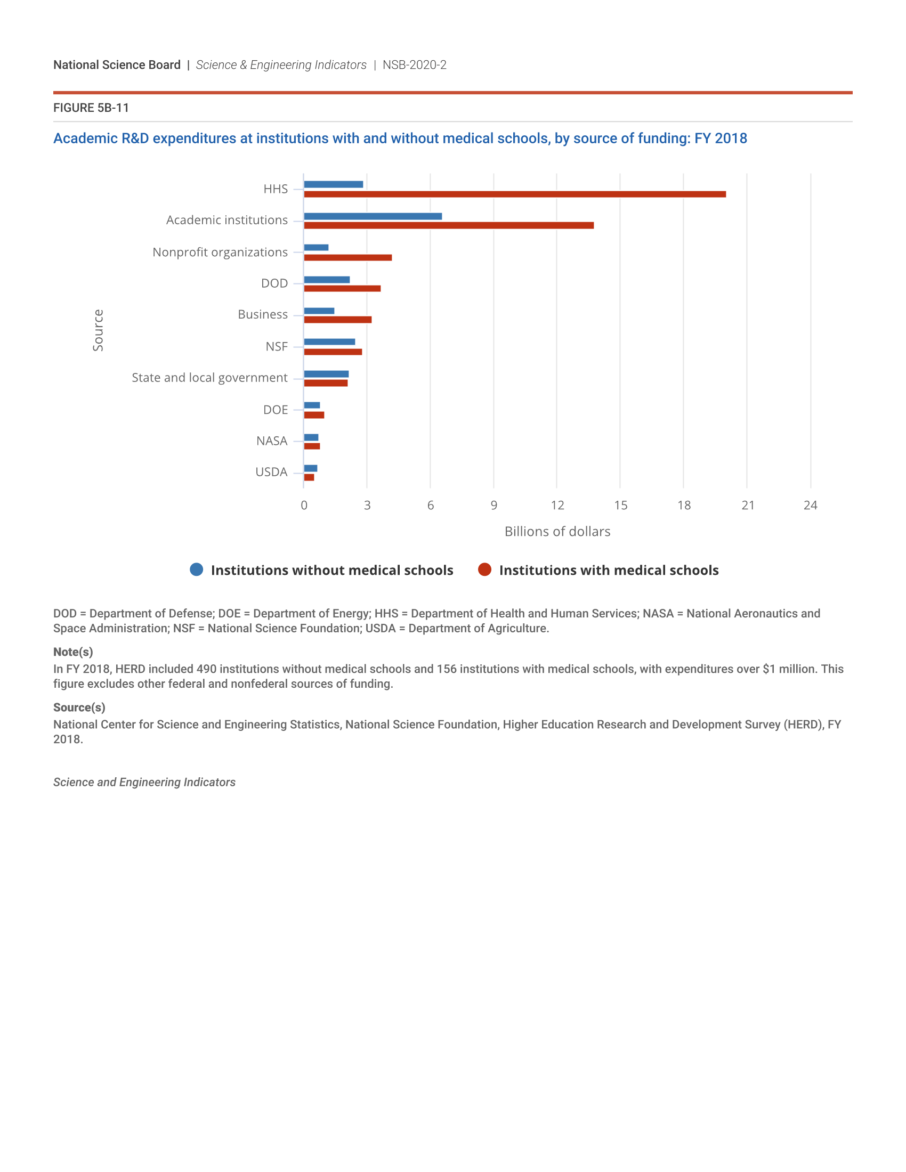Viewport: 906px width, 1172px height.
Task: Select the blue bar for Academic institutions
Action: tap(373, 216)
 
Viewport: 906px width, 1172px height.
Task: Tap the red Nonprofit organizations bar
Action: tap(348, 258)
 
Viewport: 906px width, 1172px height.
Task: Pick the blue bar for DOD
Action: tap(326, 280)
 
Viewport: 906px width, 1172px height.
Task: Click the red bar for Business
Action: tap(337, 320)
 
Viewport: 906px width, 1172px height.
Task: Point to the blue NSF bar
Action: tap(329, 342)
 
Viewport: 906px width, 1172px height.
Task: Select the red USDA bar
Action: tap(309, 477)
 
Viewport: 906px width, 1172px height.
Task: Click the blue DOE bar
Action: tap(312, 405)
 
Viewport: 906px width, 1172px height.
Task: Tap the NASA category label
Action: tap(272, 441)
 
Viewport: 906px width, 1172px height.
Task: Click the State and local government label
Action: tap(209, 378)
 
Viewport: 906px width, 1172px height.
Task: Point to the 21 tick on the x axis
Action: tap(748, 505)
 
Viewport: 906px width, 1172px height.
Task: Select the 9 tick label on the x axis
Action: tap(494, 505)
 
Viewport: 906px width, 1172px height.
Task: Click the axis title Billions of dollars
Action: tap(557, 531)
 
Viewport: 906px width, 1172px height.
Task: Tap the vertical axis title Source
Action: tap(98, 330)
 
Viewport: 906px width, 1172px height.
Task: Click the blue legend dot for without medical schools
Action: tap(197, 569)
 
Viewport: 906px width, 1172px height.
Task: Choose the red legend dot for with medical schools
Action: tap(484, 569)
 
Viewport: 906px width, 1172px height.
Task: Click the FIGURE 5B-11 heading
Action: tap(91, 108)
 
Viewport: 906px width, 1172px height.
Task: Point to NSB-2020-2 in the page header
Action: tap(414, 65)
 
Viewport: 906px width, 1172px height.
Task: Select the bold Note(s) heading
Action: tap(73, 652)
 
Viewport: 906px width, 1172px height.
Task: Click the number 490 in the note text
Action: tap(206, 669)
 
